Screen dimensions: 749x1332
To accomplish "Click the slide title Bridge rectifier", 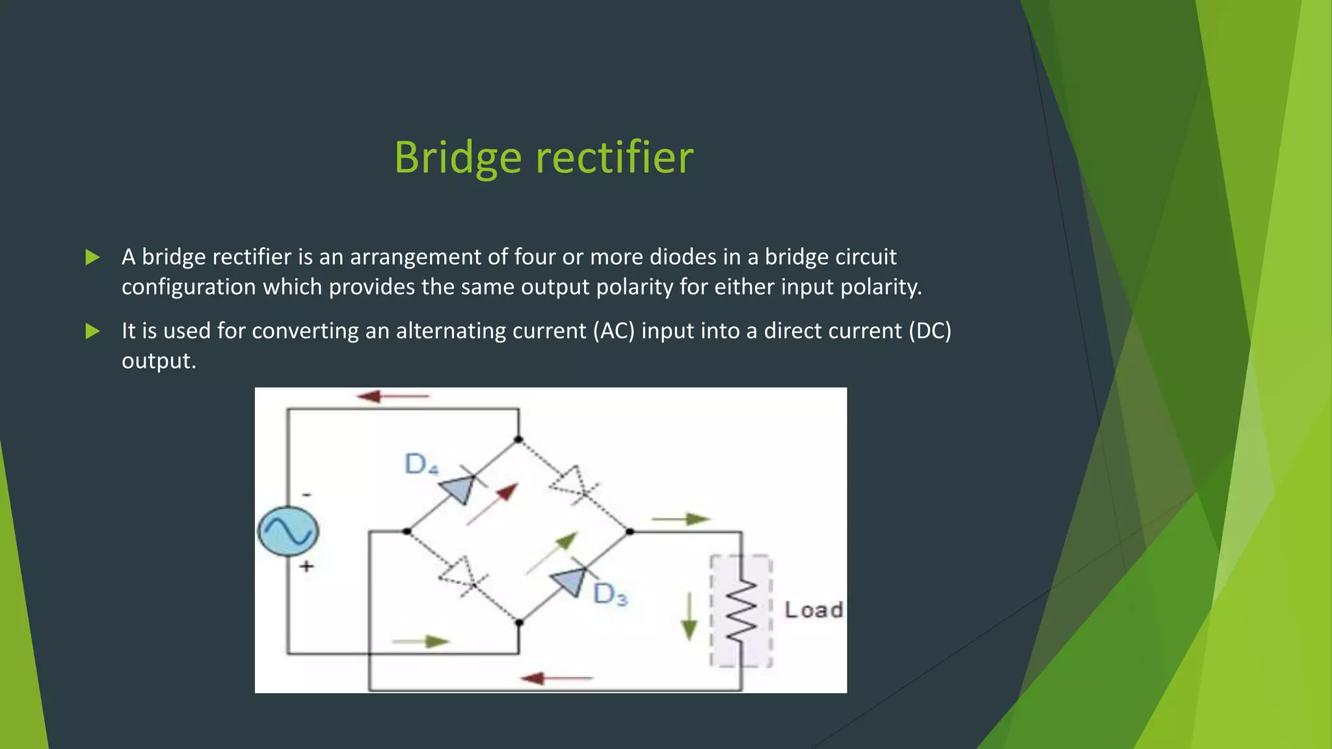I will coord(544,157).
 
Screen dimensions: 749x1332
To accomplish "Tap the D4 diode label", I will coord(421,464).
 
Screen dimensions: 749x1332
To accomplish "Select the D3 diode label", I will coord(610,594).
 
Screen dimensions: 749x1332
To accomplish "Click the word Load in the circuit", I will coord(813,610).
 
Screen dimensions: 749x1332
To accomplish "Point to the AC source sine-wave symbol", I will coord(288,531).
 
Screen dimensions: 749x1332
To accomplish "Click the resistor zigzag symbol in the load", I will coord(741,611).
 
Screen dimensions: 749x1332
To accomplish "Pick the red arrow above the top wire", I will coord(393,396).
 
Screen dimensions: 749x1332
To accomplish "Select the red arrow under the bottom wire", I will coord(557,679).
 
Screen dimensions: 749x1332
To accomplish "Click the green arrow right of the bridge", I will coord(680,519).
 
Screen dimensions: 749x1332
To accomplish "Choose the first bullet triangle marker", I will coord(93,257).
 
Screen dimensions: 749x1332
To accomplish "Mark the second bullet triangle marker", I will coord(93,332).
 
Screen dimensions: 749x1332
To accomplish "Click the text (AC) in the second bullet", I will coord(613,331).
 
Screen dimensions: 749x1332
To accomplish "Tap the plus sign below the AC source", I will coord(306,566).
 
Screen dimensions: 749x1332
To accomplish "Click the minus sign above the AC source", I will coord(306,495).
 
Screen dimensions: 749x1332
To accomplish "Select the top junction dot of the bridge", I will coord(518,440).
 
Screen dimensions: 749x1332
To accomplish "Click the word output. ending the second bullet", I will coord(159,361).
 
